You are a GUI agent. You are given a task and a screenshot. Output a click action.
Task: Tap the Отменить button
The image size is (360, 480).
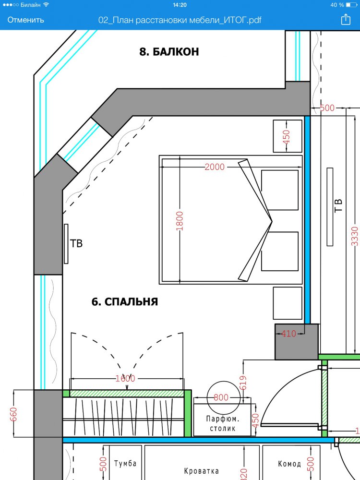coord(26,20)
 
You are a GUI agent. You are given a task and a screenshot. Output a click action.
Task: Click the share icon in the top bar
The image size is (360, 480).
coord(346,19)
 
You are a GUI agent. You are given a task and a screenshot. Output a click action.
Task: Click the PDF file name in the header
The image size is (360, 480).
coord(180,20)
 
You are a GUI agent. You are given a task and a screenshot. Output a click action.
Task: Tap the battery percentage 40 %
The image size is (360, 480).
coord(337,5)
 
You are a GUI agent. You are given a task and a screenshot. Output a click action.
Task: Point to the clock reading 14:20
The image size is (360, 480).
coord(180,5)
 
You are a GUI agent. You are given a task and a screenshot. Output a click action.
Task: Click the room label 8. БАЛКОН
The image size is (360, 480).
coord(169,52)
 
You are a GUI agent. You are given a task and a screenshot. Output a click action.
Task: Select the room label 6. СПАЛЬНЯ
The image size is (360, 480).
coord(125,302)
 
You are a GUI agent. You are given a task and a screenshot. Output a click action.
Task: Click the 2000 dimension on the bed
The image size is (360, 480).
coord(214,167)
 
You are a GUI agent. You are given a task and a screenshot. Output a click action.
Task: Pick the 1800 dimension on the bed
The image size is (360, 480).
coord(180,221)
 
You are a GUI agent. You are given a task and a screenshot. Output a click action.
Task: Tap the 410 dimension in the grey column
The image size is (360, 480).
coord(288,334)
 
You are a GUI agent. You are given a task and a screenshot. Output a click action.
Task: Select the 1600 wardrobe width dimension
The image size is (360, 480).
coord(125,379)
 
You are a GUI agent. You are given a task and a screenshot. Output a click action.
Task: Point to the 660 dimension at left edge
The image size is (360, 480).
coord(13,414)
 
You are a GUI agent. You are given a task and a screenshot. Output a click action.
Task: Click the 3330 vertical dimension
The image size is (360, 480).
coord(355,236)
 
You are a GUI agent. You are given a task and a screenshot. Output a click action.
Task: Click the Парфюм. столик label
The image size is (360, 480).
coord(223,424)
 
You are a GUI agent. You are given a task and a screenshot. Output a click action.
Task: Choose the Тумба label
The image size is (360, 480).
coord(125,464)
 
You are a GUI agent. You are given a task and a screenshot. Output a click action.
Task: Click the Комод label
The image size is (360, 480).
coord(289,464)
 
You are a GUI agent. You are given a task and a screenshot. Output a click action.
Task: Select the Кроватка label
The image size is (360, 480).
coord(202,471)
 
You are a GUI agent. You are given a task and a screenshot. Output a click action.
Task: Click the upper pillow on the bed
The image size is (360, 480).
coord(280,190)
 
